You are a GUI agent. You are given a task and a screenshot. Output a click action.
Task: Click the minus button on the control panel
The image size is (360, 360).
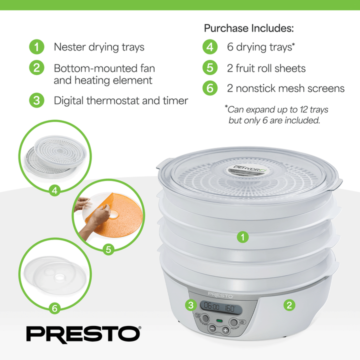click(212, 329)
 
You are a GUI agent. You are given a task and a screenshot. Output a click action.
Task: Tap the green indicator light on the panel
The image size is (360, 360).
click(218, 319)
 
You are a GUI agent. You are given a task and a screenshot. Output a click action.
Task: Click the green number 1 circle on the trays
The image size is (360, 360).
click(243, 237)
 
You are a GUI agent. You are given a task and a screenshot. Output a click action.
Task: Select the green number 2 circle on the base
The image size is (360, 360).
click(288, 304)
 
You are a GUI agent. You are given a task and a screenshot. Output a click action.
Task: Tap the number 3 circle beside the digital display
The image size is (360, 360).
click(190, 304)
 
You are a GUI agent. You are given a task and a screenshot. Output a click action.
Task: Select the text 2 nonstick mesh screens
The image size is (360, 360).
click(285, 88)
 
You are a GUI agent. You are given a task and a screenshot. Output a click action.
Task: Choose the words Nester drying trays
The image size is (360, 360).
click(99, 47)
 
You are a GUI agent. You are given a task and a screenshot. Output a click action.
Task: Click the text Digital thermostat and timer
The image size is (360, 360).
click(121, 100)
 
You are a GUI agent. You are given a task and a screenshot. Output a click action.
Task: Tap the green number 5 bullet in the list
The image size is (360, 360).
click(210, 68)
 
